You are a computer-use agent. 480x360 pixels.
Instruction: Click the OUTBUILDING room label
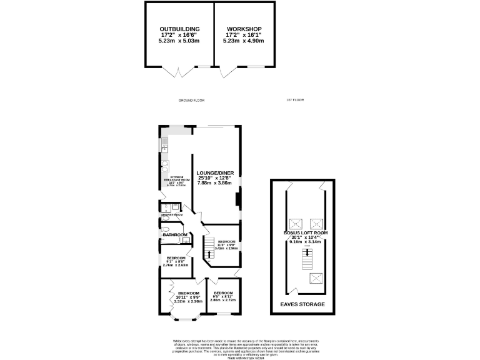[x=179, y=29]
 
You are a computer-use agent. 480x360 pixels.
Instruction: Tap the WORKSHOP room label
[x=244, y=29]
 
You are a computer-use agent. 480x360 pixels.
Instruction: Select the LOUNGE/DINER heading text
[x=215, y=172]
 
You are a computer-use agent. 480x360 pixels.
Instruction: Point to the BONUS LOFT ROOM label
[x=305, y=233]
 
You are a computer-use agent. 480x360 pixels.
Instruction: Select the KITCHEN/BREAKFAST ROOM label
[x=167, y=179]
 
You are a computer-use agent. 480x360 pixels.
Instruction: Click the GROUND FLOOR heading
[x=191, y=100]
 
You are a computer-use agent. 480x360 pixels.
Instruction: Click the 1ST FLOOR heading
[x=294, y=100]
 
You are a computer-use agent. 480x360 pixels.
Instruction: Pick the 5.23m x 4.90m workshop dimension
[x=244, y=41]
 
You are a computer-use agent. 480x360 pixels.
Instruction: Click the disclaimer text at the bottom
[x=240, y=347]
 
